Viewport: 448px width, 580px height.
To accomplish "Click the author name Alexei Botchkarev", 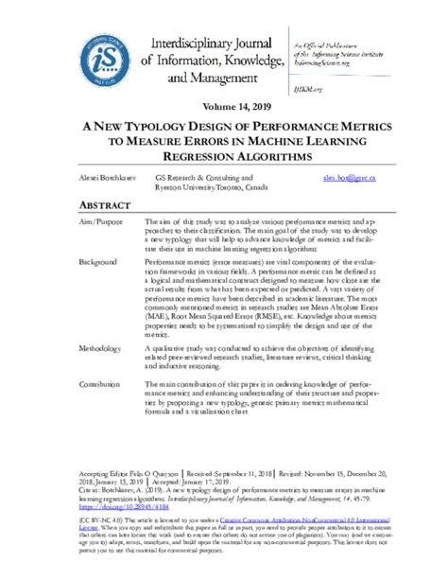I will (x=103, y=178).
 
